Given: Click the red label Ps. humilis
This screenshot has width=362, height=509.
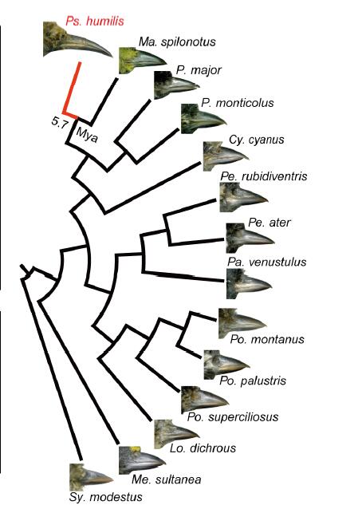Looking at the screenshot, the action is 95,22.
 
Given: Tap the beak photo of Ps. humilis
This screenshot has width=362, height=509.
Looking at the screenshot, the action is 78,40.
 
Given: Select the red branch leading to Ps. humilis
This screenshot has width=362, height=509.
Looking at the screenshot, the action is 72,90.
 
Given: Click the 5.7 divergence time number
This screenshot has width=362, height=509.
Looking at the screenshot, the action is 60,123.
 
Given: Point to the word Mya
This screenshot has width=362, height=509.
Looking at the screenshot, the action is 87,135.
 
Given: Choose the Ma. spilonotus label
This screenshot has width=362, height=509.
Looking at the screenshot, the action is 177,41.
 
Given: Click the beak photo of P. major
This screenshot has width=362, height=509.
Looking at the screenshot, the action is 176,85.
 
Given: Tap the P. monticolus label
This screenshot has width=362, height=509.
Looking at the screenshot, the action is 238,103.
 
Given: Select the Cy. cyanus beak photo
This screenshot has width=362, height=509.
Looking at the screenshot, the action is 226,156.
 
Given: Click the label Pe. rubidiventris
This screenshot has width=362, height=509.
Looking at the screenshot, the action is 264,176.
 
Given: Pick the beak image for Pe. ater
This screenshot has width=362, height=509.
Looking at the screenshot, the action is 250,238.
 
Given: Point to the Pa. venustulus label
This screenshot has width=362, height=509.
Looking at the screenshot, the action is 266,262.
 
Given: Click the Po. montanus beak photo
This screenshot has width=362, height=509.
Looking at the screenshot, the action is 242,323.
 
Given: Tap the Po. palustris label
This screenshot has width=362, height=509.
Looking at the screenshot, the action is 253,380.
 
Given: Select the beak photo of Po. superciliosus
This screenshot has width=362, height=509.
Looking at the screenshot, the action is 205,400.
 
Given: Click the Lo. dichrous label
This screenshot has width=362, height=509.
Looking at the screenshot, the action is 203,448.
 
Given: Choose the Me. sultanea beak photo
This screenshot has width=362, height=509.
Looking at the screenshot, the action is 142,460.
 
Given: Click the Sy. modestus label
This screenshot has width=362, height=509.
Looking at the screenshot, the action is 106,497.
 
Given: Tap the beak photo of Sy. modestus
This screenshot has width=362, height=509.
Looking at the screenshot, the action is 91,477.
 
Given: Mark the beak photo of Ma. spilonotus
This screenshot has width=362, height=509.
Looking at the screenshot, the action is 143,60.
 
